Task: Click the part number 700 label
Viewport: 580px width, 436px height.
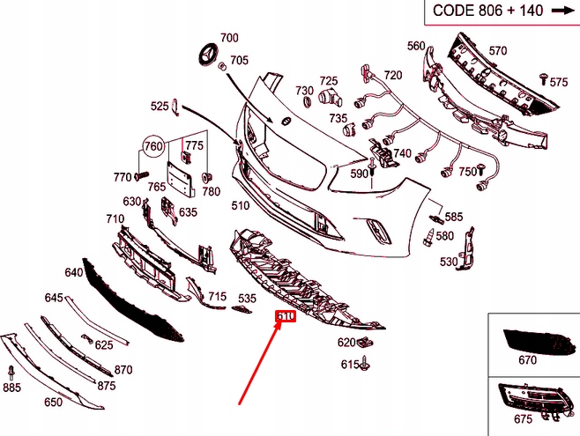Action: tap(229, 38)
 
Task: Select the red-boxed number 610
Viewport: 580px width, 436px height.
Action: tap(285, 317)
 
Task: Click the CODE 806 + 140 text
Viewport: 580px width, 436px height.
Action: tap(486, 11)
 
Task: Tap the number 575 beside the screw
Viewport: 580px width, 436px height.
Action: tap(559, 82)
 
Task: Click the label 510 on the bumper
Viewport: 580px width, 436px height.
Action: tap(240, 205)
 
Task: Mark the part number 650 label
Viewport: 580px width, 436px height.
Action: tap(53, 403)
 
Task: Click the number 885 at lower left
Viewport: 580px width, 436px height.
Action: tap(11, 388)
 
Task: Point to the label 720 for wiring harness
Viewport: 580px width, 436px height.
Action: tap(392, 75)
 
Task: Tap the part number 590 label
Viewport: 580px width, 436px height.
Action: tap(359, 174)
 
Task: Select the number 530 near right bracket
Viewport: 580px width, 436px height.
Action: tap(449, 262)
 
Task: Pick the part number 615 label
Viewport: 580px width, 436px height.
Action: tap(350, 364)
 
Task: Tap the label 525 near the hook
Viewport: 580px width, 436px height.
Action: tap(159, 107)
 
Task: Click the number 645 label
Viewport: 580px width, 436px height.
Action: tap(55, 298)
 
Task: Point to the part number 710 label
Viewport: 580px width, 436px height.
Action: tap(115, 218)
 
